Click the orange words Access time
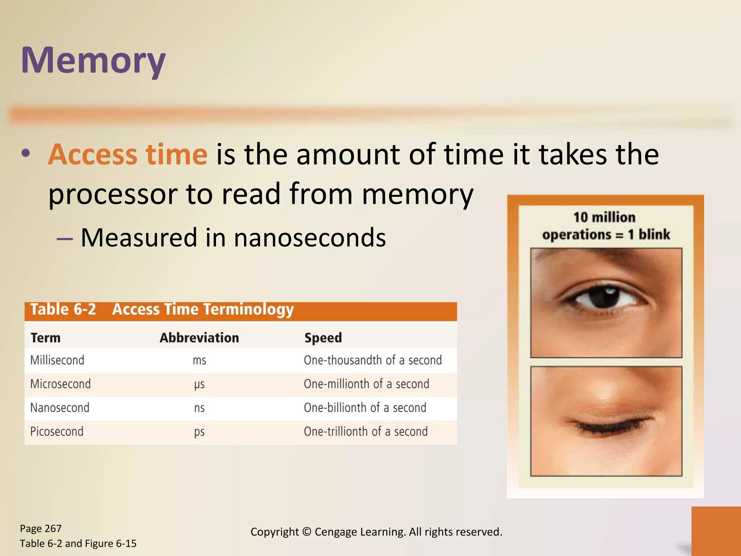(x=128, y=155)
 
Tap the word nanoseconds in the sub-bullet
(x=310, y=238)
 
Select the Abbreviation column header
(x=199, y=338)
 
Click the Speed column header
(x=323, y=338)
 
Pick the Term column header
(x=46, y=338)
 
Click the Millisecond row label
(x=57, y=360)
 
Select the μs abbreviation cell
(x=199, y=384)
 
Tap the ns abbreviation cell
(x=199, y=408)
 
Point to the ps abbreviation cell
(x=199, y=432)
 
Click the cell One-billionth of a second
(x=365, y=408)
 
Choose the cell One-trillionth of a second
(x=366, y=431)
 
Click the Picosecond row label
(x=57, y=431)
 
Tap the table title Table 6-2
(x=63, y=310)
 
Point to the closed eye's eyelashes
(x=608, y=427)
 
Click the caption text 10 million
(x=605, y=217)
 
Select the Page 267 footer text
(x=41, y=528)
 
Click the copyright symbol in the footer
(x=306, y=532)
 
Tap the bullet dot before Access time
(x=25, y=153)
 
